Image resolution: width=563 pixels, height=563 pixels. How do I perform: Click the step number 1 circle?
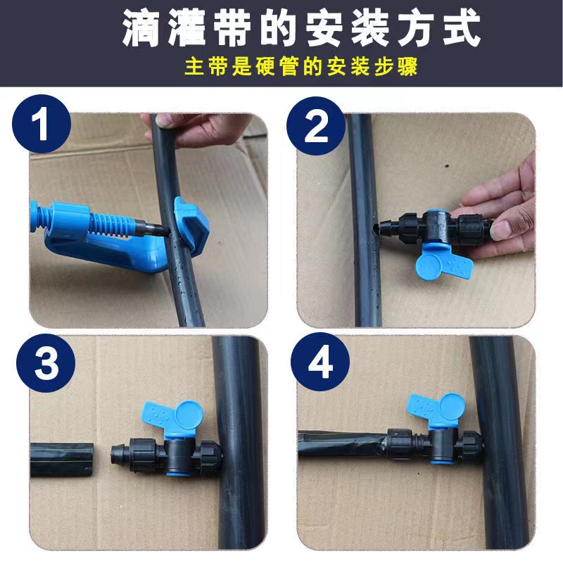click(43, 127)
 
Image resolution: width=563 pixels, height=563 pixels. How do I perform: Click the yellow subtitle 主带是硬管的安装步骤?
click(281, 68)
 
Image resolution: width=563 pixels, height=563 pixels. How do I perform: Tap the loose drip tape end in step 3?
click(63, 460)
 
